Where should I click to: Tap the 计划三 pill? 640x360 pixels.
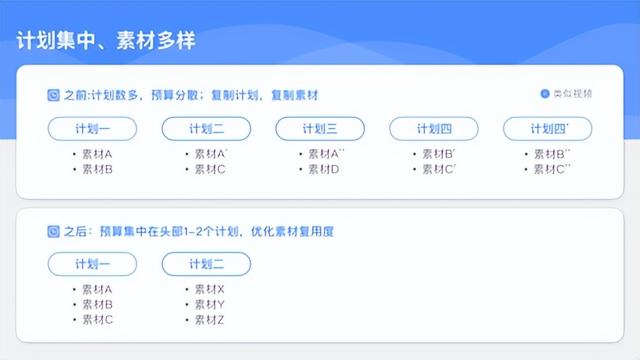point(319,129)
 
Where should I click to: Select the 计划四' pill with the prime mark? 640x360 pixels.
point(547,129)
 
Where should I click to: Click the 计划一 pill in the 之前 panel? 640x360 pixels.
point(92,129)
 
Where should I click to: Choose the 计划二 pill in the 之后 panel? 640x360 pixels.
point(206,264)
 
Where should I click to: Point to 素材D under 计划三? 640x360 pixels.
point(323,169)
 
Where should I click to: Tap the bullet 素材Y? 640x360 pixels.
point(209,304)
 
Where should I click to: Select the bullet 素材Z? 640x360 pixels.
point(209,319)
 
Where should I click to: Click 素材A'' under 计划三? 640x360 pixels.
point(325,154)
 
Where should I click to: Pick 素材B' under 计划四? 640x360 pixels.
point(438,154)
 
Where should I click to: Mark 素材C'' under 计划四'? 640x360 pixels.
point(552,169)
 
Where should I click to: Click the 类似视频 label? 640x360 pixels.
point(572,94)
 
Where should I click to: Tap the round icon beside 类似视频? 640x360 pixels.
point(545,94)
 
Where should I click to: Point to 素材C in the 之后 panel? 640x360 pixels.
point(96,319)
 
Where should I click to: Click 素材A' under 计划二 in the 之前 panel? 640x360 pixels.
point(210,154)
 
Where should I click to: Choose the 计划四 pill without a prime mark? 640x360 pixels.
point(433,129)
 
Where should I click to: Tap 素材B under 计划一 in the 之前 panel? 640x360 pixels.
point(96,169)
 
